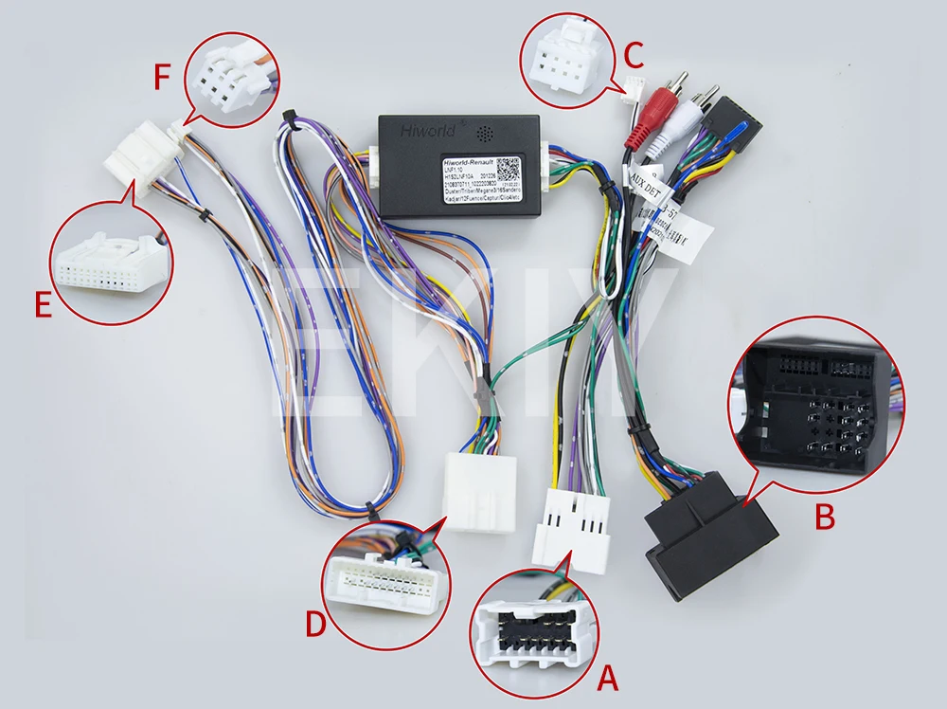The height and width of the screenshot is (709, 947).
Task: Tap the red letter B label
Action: click(x=825, y=518)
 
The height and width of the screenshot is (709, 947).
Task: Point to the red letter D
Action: click(x=315, y=625)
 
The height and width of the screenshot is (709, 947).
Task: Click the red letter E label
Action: click(x=42, y=306)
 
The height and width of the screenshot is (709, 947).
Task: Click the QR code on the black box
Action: click(x=509, y=171)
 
